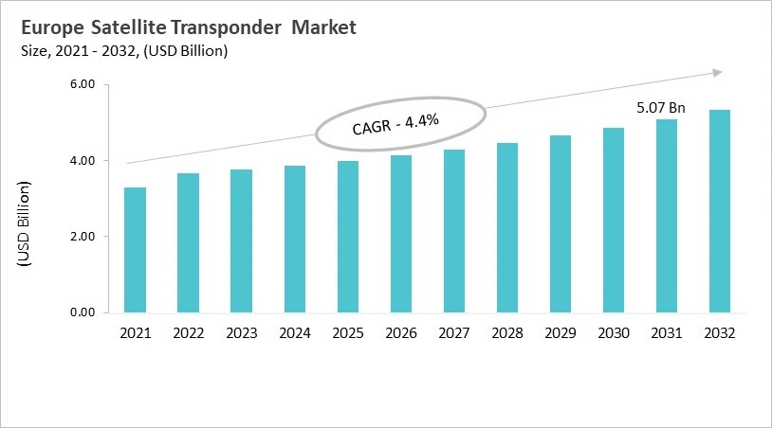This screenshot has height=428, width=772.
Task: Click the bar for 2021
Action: tap(135, 250)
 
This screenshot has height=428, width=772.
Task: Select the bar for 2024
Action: tap(295, 239)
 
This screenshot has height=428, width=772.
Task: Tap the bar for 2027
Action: tap(454, 231)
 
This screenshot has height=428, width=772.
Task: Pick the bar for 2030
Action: tap(614, 220)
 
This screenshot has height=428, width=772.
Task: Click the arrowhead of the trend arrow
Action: tap(718, 72)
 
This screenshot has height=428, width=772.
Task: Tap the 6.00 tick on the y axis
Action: tap(83, 85)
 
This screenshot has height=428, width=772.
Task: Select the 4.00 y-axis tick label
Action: tap(83, 161)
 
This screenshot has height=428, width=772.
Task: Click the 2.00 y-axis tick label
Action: tap(83, 237)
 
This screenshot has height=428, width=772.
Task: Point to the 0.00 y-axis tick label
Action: tap(83, 312)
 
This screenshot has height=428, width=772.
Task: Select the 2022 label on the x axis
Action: tap(188, 333)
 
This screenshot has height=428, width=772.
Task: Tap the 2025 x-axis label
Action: tap(348, 333)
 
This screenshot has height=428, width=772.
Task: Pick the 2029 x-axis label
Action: tap(561, 333)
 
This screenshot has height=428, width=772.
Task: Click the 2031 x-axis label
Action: tap(667, 333)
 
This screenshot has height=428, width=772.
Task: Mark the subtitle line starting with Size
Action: tap(122, 51)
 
